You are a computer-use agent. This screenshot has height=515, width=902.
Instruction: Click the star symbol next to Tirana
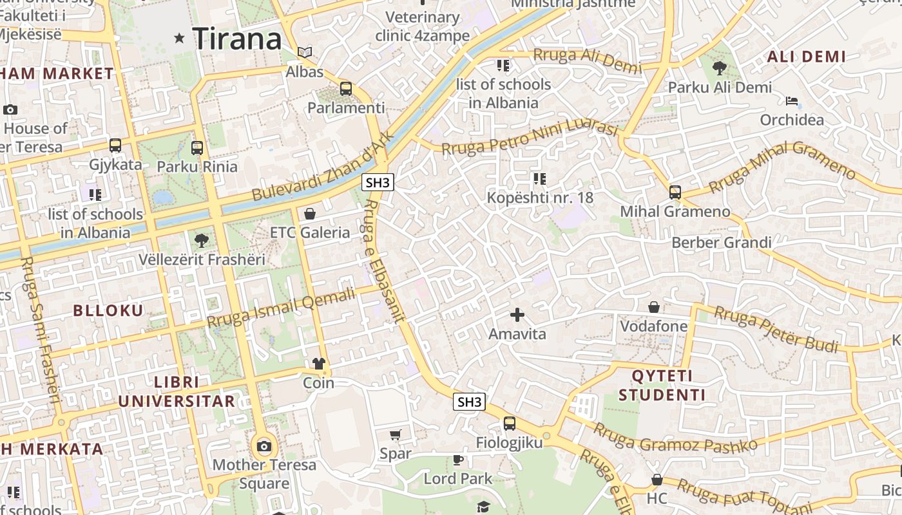pyautogui.click(x=180, y=39)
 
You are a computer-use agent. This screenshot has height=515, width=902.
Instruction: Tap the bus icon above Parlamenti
pyautogui.click(x=346, y=89)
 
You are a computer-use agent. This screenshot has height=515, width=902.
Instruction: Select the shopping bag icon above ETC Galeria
pyautogui.click(x=310, y=213)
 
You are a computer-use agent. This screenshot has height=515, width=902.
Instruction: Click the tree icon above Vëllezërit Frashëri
pyautogui.click(x=202, y=241)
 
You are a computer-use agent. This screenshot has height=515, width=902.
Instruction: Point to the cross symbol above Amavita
pyautogui.click(x=517, y=315)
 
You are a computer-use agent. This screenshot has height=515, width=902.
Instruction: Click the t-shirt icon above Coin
pyautogui.click(x=318, y=364)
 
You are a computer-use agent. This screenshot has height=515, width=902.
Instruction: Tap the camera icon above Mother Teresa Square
pyautogui.click(x=264, y=446)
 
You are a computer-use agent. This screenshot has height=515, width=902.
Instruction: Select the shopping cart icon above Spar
pyautogui.click(x=396, y=435)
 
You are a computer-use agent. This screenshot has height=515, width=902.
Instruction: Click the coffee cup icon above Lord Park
pyautogui.click(x=457, y=460)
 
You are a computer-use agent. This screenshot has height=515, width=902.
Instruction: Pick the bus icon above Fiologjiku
pyautogui.click(x=510, y=424)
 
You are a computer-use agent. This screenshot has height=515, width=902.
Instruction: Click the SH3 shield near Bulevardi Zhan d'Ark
pyautogui.click(x=378, y=183)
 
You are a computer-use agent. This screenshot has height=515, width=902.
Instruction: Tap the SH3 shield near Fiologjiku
pyautogui.click(x=469, y=402)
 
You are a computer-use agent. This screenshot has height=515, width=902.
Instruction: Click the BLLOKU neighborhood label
pyautogui.click(x=108, y=311)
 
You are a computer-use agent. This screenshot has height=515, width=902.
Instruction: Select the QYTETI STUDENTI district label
pyautogui.click(x=662, y=385)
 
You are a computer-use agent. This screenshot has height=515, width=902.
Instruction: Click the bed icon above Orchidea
pyautogui.click(x=792, y=101)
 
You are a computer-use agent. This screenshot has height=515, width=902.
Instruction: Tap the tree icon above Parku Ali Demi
pyautogui.click(x=720, y=68)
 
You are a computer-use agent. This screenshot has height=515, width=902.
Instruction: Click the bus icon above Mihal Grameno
pyautogui.click(x=675, y=192)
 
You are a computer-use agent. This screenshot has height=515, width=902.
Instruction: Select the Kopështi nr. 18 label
pyautogui.click(x=540, y=198)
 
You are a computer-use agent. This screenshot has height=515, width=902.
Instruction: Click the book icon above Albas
pyautogui.click(x=305, y=52)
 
